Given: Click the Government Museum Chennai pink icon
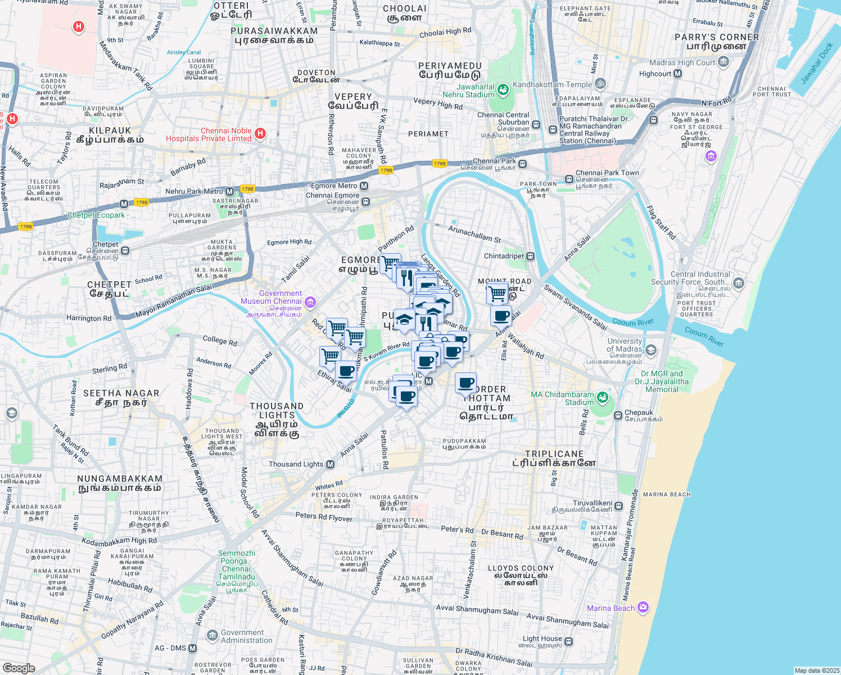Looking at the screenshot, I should (310, 303).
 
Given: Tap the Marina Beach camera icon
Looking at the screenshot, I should (643, 607).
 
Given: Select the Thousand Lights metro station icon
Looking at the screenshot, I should (331, 464).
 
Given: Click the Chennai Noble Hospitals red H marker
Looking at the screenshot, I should (260, 134).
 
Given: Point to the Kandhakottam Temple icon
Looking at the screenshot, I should (600, 84).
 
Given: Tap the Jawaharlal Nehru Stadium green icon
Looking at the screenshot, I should (503, 88).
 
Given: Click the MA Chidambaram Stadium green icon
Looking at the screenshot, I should (603, 397).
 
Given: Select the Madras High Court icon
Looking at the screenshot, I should (723, 62).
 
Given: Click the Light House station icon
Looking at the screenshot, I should (569, 641).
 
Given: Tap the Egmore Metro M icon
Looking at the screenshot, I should (364, 186).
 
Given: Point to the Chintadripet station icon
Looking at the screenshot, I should (530, 256).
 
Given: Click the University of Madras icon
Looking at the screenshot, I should (650, 350).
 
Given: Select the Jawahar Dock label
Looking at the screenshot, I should (816, 64).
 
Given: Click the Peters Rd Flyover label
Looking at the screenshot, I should (324, 516).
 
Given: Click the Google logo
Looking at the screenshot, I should (19, 668).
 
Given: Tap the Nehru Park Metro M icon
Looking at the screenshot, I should (229, 191).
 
